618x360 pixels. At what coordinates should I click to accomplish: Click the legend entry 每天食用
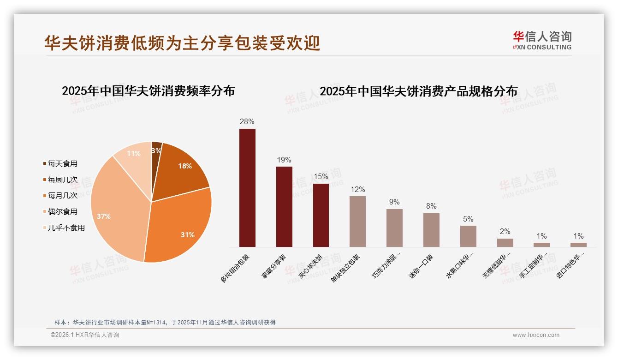(x=62, y=163)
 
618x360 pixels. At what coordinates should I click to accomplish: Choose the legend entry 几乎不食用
(x=66, y=228)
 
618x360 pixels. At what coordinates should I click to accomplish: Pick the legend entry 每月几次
(x=62, y=196)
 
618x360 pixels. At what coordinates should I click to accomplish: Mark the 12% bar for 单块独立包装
(x=357, y=222)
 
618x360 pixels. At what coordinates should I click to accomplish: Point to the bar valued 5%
(x=468, y=236)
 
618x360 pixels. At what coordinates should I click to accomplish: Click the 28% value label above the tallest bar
(x=247, y=122)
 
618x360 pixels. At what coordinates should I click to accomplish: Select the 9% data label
(x=394, y=202)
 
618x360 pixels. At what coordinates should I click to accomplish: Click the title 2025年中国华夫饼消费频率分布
(x=148, y=91)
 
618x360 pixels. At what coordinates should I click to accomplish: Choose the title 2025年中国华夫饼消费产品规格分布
(x=418, y=91)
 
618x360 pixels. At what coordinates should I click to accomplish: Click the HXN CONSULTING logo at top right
(x=542, y=41)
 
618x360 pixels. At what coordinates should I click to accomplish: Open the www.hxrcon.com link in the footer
(x=536, y=335)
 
